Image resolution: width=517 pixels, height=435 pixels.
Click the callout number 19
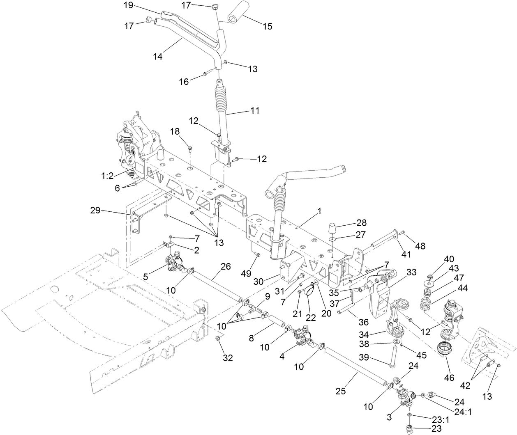pyautogui.click(x=129, y=5)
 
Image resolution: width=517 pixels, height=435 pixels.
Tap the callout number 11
pyautogui.click(x=255, y=111)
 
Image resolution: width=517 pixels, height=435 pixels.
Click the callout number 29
pyautogui.click(x=95, y=211)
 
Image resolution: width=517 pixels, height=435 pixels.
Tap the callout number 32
pyautogui.click(x=228, y=358)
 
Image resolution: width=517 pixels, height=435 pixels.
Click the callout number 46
pyautogui.click(x=450, y=377)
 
